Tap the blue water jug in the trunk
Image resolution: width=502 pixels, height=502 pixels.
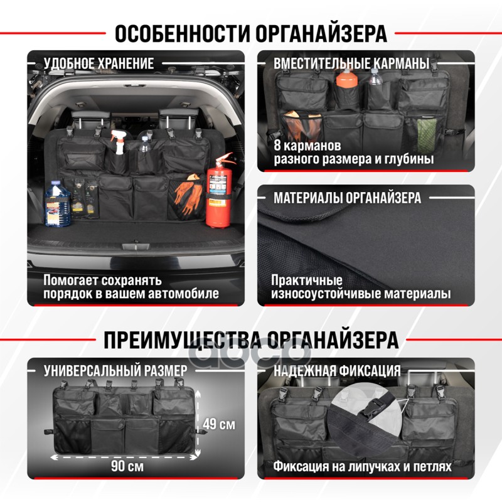pyautogui.click(x=57, y=203)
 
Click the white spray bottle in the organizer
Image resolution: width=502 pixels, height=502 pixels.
pyautogui.click(x=118, y=142)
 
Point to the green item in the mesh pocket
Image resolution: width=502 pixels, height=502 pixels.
pyautogui.click(x=427, y=131)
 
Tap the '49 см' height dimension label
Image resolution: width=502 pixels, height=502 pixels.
pyautogui.click(x=219, y=424)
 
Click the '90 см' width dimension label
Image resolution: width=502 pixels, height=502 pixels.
pyautogui.click(x=127, y=466)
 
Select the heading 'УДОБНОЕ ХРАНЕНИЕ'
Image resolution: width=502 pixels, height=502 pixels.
pyautogui.click(x=99, y=63)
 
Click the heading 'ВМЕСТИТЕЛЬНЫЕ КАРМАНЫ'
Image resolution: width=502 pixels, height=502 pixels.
pyautogui.click(x=351, y=63)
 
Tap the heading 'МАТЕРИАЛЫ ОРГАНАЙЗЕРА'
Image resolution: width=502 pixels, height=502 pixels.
pyautogui.click(x=347, y=198)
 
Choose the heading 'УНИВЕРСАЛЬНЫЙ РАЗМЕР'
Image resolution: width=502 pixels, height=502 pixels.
pyautogui.click(x=115, y=370)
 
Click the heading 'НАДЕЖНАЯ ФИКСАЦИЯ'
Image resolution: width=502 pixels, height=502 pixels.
pyautogui.click(x=337, y=370)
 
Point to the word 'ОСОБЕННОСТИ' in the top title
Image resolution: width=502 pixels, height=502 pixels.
pyautogui.click(x=183, y=33)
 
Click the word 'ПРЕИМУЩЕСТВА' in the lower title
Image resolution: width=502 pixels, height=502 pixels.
pyautogui.click(x=183, y=339)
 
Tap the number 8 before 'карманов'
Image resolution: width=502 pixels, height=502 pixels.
pyautogui.click(x=277, y=146)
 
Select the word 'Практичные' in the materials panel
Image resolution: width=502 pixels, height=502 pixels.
pyautogui.click(x=307, y=280)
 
